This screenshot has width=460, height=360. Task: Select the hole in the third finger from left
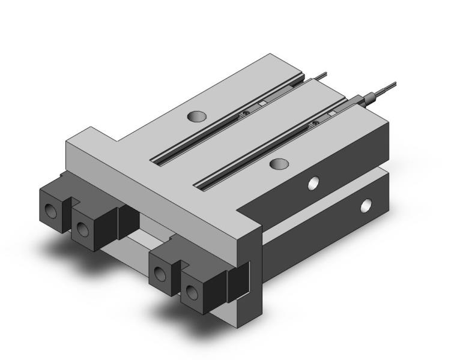tap(159, 274)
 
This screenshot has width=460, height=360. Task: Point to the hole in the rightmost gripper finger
tap(191, 293)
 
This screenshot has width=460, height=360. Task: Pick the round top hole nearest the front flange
tap(277, 163)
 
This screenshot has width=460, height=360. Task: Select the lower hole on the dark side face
tap(365, 208)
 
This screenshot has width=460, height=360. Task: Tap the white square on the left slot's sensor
tap(262, 103)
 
